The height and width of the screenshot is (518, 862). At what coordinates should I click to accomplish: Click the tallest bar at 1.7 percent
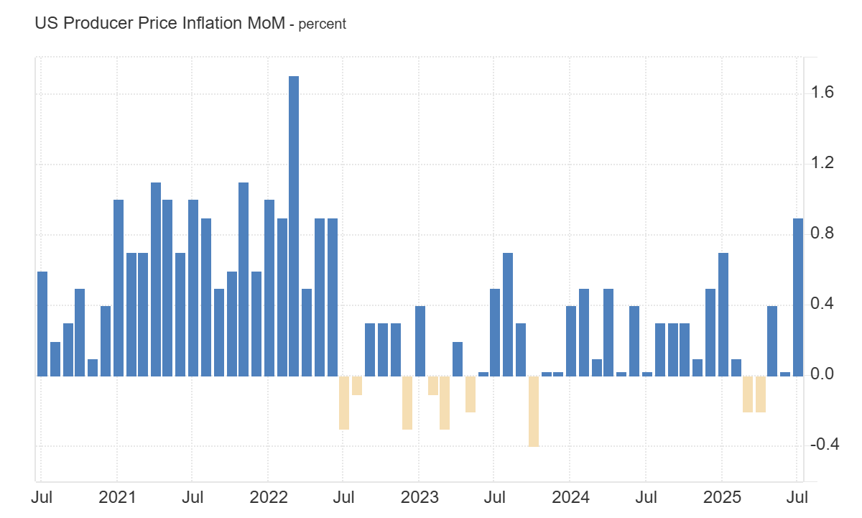coord(293,226)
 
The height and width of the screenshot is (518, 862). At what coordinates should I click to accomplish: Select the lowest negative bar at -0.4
coord(533,411)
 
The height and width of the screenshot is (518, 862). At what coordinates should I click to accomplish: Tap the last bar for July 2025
coord(797,297)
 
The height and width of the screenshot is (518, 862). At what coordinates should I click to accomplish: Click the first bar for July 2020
coord(42,323)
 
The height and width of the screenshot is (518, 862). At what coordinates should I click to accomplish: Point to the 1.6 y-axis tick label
coord(822,92)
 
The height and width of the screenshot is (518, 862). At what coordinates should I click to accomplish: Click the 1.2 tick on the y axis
coord(822,163)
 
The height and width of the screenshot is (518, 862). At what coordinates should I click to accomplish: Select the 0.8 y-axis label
coord(822,233)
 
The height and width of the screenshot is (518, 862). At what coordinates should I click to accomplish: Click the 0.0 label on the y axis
coord(822,374)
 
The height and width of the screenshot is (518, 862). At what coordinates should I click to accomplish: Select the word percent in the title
coord(322,24)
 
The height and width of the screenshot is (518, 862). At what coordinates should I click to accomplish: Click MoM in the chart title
coord(266,23)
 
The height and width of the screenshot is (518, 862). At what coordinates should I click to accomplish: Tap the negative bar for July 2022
coord(343,402)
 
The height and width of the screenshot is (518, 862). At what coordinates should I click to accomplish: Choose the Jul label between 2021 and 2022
coord(192,497)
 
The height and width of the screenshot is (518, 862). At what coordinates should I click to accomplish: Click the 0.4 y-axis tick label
coord(822,304)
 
